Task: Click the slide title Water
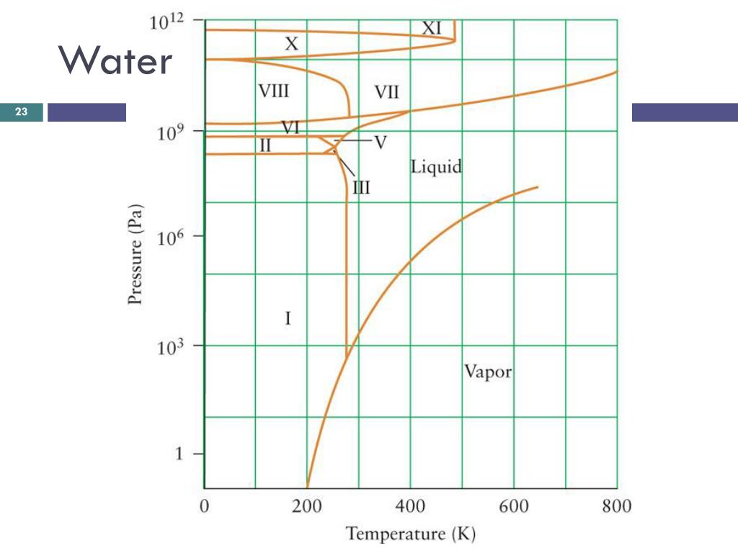115,60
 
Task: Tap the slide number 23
22,112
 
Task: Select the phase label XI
431,28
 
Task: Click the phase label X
290,45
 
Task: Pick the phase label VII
386,91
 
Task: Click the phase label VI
290,128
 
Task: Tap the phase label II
265,145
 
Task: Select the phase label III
361,189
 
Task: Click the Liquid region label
436,168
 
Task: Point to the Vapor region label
488,372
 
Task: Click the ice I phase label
288,318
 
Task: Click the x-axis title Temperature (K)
411,534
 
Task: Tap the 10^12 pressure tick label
166,22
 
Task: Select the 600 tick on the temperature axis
513,506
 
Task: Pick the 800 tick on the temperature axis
617,506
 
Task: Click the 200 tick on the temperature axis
307,506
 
